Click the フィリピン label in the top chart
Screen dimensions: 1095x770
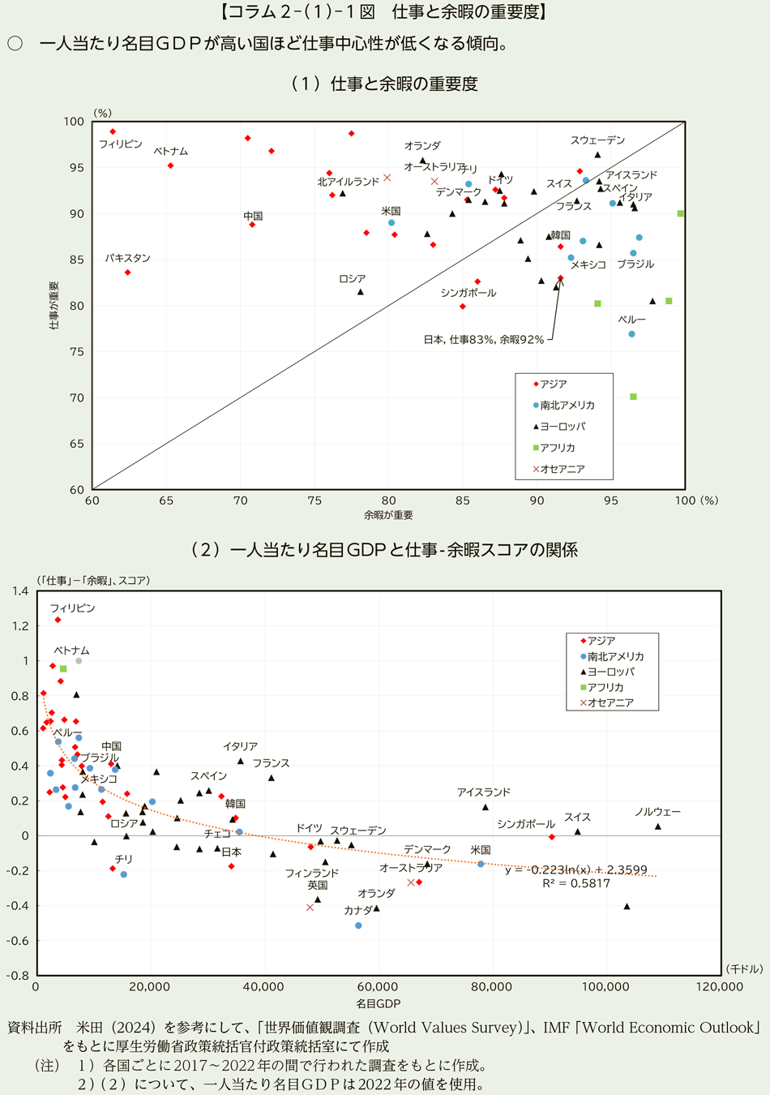(120, 144)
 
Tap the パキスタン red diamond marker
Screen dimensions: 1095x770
(128, 273)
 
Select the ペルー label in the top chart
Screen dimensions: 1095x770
(631, 320)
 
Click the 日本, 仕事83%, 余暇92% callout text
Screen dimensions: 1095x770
(483, 340)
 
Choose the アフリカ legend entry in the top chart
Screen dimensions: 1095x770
(558, 448)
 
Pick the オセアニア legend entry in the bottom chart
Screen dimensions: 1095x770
(610, 702)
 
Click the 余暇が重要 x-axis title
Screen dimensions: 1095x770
(388, 515)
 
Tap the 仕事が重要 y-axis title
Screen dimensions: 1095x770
(54, 305)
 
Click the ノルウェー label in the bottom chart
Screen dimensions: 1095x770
(657, 812)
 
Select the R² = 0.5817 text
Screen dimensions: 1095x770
(576, 883)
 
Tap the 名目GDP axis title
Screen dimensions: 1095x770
(378, 1004)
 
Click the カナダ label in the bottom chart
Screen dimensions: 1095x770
(357, 910)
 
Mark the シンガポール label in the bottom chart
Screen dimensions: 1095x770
(526, 824)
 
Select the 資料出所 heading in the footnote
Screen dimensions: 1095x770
(34, 1028)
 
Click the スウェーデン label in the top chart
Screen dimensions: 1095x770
(597, 140)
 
